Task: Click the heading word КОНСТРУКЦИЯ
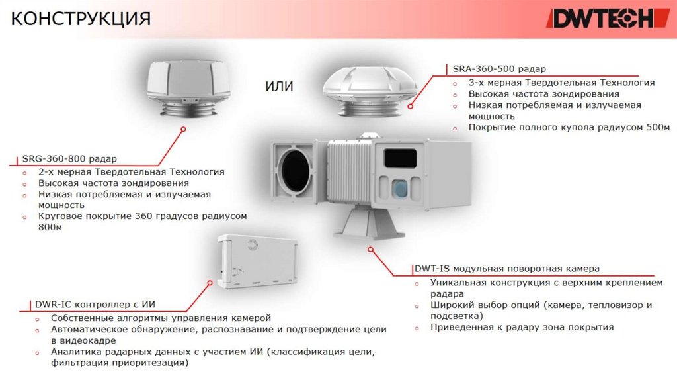pyautogui.click(x=81, y=18)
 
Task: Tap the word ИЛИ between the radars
pyautogui.click(x=279, y=87)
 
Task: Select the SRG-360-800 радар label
pyautogui.click(x=69, y=159)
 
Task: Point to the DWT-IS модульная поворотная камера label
pyautogui.click(x=506, y=269)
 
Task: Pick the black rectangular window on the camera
pyautogui.click(x=400, y=158)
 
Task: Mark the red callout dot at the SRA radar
pyautogui.click(x=411, y=105)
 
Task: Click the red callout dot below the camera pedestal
pyautogui.click(x=371, y=250)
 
